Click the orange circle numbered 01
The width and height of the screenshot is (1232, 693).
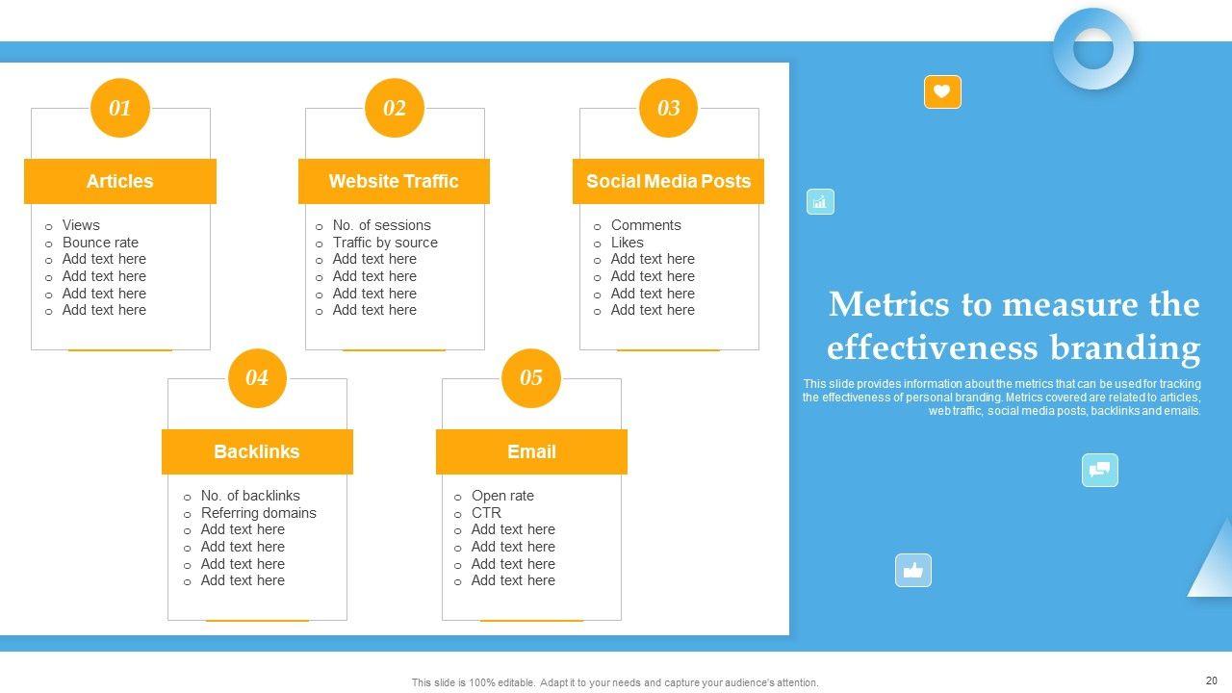[120, 108]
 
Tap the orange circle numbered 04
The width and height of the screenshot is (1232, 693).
[257, 378]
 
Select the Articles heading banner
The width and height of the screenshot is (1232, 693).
[120, 181]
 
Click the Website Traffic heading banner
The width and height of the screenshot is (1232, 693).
[394, 181]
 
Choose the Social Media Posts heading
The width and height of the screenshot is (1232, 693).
[668, 181]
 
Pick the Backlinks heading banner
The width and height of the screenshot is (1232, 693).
[257, 451]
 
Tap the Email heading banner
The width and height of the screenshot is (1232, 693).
[531, 451]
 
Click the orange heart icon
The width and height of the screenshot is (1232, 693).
[942, 91]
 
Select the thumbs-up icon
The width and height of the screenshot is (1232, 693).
[913, 571]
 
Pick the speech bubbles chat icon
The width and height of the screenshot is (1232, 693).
[1099, 471]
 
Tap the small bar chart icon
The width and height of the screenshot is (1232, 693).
[820, 202]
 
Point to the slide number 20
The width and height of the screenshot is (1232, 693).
[1211, 680]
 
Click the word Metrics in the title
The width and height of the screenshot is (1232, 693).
[888, 304]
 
